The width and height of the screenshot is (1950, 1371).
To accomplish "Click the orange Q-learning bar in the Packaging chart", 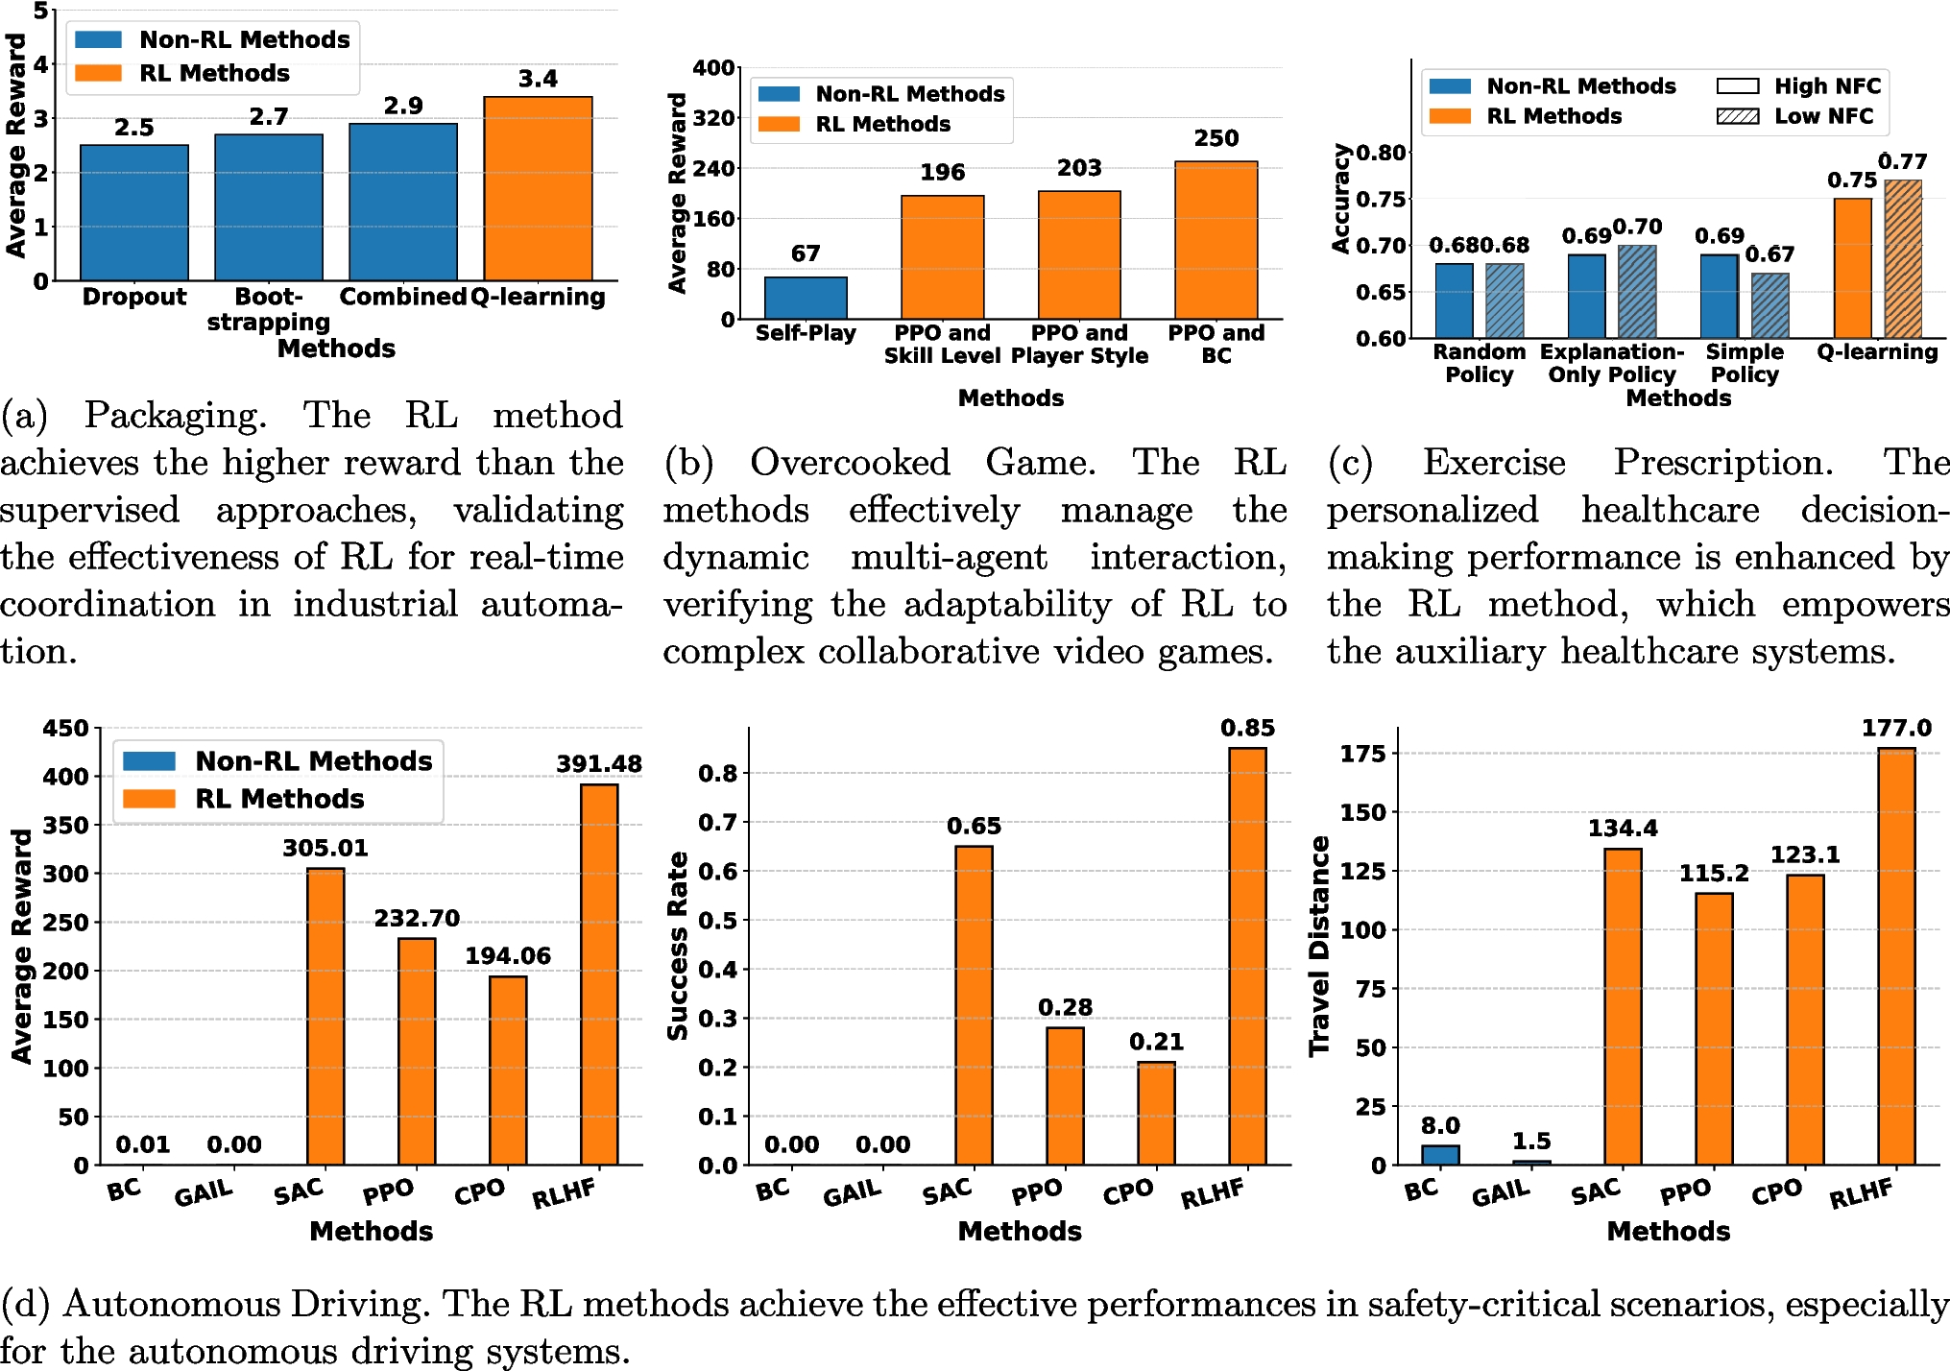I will (x=538, y=188).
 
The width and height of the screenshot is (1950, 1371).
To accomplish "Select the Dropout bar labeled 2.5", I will (x=134, y=212).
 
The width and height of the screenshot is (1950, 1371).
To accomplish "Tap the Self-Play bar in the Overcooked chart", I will (x=806, y=298).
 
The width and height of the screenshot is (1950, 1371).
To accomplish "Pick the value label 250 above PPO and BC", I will (x=1216, y=138).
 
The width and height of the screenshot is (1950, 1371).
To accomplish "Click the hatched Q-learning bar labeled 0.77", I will (x=1902, y=258).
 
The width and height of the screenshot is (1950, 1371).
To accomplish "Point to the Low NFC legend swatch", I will (x=1737, y=116).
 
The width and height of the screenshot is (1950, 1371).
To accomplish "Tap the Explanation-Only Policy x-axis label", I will (x=1612, y=363).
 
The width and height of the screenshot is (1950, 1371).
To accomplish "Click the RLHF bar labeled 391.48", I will (x=599, y=974).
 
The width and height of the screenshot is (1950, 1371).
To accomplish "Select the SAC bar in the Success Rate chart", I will (x=974, y=1004).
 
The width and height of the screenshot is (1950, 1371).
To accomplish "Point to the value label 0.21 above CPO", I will (x=1156, y=1042).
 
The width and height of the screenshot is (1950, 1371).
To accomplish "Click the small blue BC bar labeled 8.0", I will (x=1440, y=1154).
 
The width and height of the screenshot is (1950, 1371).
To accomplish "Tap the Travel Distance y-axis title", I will (x=1320, y=946).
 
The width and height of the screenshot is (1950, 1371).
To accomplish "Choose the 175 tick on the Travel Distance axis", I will (x=1363, y=754).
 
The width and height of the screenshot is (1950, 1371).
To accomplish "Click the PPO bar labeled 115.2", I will (x=1714, y=1028).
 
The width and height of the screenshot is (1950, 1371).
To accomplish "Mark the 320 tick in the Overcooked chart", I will (x=712, y=118).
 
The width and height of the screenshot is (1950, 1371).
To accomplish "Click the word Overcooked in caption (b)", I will (x=850, y=463).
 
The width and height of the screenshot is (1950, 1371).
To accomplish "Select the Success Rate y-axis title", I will (x=678, y=946).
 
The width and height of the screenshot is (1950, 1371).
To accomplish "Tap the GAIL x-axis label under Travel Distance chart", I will (x=1500, y=1193).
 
